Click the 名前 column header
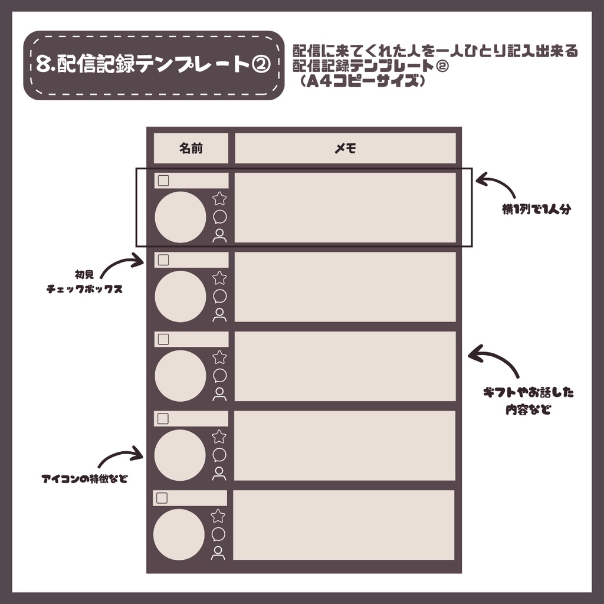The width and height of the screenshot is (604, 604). tap(191, 149)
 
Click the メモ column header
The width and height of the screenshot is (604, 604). tap(345, 149)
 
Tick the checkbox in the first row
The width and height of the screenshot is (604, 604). tap(163, 180)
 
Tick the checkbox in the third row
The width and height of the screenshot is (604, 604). tap(163, 339)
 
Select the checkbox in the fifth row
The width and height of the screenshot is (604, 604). tap(162, 498)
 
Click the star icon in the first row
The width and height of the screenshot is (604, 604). tap(219, 199)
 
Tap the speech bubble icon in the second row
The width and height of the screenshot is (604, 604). tap(219, 296)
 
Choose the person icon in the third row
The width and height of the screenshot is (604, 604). tap(219, 393)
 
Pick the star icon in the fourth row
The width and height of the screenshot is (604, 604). tap(219, 437)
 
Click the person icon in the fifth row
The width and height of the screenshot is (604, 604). tap(218, 553)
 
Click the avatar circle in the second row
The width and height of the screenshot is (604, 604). tap(180, 297)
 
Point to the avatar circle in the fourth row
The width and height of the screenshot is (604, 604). tap(180, 455)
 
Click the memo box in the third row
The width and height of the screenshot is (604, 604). tap(345, 366)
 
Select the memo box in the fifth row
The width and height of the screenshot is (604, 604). tap(344, 525)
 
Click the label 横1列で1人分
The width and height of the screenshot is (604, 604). tap(536, 209)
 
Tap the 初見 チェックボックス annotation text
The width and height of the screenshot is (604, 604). tap(84, 282)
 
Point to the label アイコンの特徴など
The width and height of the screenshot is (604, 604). tap(84, 478)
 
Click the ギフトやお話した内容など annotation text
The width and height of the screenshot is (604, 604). tap(528, 401)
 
